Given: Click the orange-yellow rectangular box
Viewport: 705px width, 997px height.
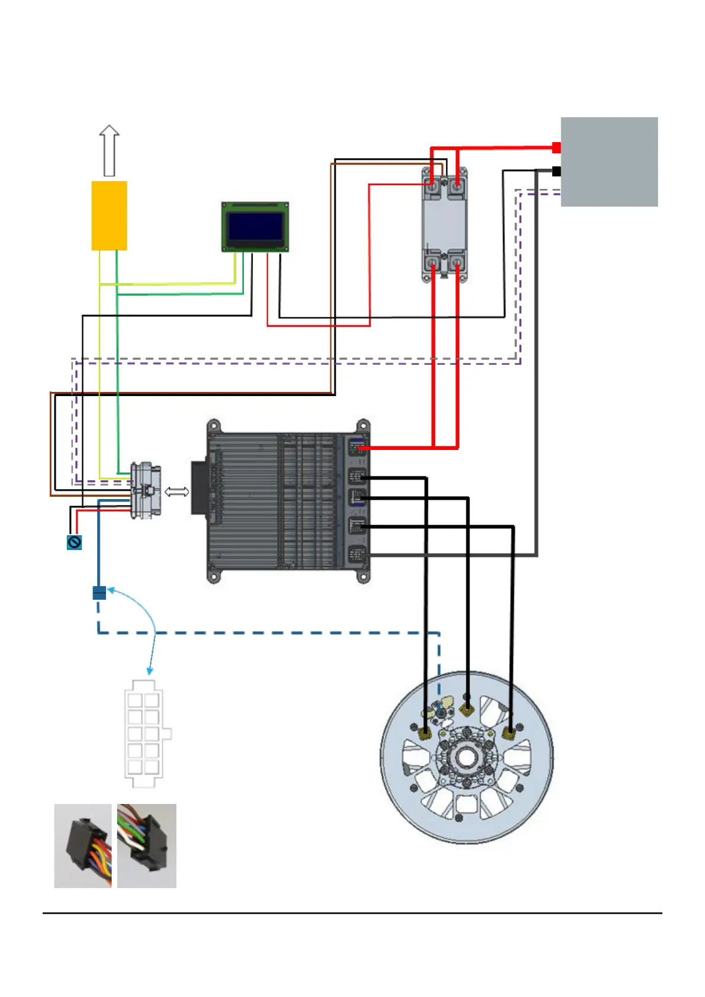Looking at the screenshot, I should tap(109, 216).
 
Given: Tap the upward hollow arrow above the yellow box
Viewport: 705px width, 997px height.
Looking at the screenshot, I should tap(109, 150).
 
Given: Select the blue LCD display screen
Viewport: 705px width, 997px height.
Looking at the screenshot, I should tap(255, 226).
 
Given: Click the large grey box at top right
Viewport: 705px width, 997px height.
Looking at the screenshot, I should tap(609, 162).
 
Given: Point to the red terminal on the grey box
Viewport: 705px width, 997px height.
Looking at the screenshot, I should tap(556, 147).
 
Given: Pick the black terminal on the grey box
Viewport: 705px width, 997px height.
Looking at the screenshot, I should tap(556, 171).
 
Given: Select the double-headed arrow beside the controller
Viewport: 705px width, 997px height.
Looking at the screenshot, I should tap(176, 491).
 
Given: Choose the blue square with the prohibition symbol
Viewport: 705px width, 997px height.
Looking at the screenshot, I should tap(74, 542).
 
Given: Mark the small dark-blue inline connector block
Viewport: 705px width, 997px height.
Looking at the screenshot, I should tap(99, 593).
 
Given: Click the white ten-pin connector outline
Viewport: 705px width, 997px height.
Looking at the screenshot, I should tap(144, 734).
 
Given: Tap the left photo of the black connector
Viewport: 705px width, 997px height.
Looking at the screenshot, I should tap(83, 845).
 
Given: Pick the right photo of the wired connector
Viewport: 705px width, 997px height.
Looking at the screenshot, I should tap(147, 845).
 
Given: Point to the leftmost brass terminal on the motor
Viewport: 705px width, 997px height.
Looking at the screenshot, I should tap(425, 734).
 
